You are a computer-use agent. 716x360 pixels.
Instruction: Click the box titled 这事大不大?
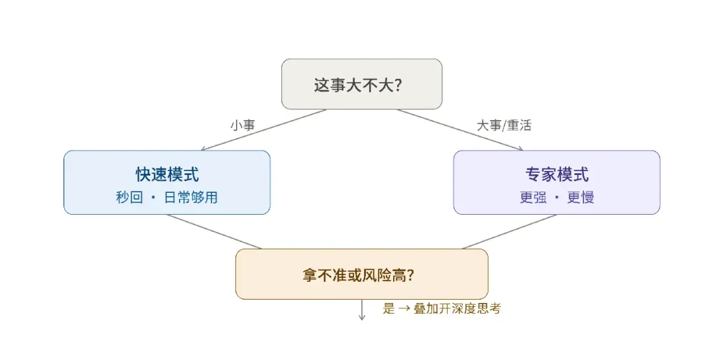[362, 84]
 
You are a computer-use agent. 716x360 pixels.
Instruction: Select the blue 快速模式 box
[166, 182]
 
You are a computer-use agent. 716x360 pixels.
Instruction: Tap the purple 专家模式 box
[557, 182]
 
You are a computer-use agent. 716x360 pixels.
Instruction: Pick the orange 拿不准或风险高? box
[362, 274]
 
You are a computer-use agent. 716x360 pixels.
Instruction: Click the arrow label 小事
[243, 125]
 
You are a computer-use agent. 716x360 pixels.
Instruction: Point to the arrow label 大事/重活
[504, 125]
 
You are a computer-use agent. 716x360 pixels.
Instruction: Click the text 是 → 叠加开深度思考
[442, 308]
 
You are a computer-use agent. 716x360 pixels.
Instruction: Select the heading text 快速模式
[167, 174]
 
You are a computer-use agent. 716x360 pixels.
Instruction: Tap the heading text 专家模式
[557, 174]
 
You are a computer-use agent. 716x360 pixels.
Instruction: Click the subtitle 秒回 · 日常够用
[166, 198]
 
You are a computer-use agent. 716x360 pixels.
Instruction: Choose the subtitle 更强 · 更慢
[557, 198]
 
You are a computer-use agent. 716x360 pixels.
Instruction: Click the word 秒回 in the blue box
[129, 198]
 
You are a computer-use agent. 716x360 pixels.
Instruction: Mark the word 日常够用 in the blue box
[191, 198]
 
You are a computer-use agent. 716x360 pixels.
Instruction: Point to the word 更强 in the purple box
[533, 198]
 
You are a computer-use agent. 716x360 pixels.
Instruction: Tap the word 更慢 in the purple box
[580, 198]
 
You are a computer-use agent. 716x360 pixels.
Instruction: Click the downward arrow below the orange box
[362, 310]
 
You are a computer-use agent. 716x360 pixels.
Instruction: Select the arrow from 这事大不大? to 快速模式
[264, 130]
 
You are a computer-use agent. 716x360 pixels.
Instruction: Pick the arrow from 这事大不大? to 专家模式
[460, 130]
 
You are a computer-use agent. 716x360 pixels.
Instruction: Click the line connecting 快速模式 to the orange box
[215, 231]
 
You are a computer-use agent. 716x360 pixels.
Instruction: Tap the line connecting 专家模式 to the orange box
[509, 231]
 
